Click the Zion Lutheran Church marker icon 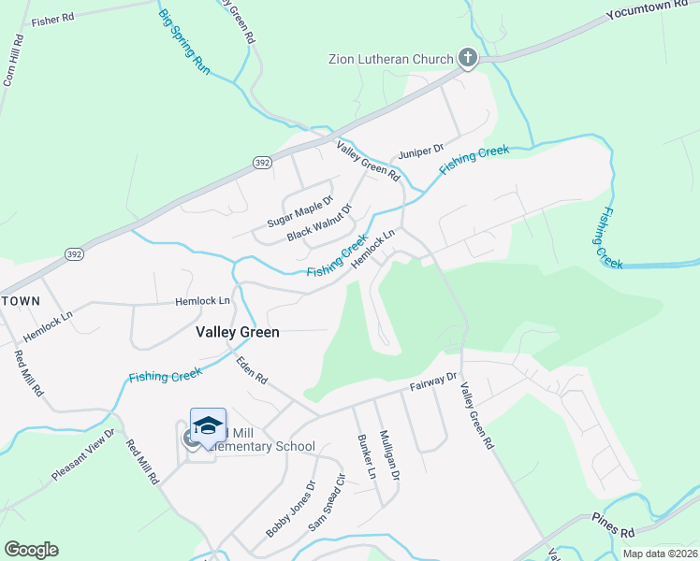468,59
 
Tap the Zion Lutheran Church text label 390,60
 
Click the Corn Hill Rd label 13,61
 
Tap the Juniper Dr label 418,151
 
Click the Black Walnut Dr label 318,222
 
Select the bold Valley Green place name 238,331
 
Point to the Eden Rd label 252,368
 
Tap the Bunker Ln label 365,456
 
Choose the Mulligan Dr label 389,455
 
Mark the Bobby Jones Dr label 290,509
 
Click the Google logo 31,550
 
